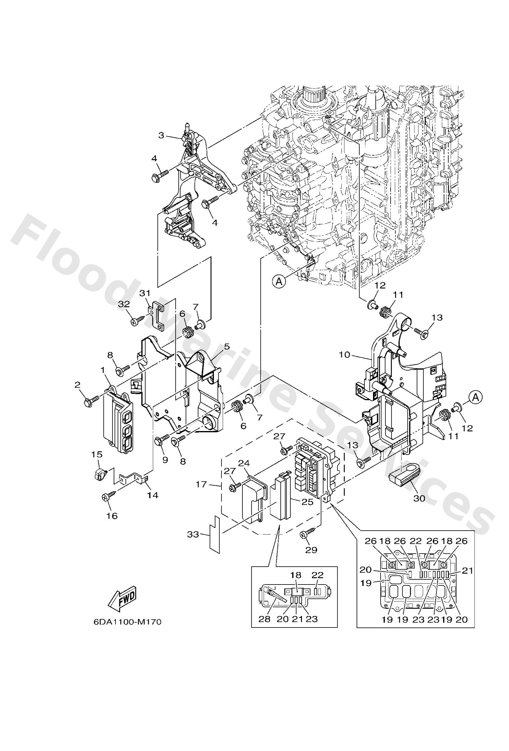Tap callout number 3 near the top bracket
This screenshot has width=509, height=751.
pos(161,135)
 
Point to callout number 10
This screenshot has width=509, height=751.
pos(344,355)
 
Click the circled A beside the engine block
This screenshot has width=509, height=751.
pos(279,282)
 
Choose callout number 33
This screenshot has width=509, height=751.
pos(193,535)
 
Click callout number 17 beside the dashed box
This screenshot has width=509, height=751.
pos(201,484)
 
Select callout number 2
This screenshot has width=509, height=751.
pos(77,384)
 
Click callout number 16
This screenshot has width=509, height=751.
pos(112,516)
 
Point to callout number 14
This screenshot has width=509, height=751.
pos(153,495)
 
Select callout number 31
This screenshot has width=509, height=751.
pos(145,293)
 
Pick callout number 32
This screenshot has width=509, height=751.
pos(124,304)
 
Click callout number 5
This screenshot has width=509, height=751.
pos(227,347)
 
